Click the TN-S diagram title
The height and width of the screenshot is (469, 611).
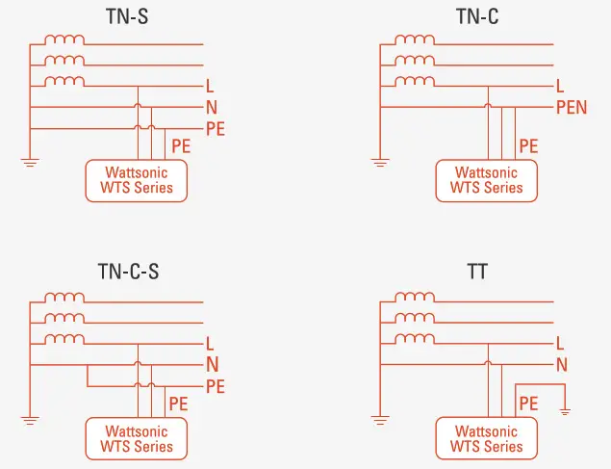point(127,15)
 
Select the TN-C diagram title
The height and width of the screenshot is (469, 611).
point(477,15)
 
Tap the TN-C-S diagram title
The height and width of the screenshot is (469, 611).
point(127,272)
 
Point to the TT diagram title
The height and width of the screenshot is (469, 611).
point(477,272)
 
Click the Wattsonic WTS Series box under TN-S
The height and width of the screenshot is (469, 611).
point(137,180)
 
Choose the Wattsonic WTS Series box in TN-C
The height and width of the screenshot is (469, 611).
point(486,180)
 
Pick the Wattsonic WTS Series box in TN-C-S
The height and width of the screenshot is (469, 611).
point(137,438)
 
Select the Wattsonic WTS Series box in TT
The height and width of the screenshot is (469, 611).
point(486,438)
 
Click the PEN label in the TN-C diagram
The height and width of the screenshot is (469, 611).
point(572,108)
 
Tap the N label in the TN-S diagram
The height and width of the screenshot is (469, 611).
point(212,108)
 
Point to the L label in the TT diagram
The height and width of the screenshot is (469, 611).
point(560,344)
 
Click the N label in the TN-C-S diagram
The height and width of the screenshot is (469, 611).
point(212,365)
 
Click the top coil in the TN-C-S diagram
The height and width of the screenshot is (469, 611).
point(64,297)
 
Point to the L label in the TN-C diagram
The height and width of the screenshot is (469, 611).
point(560,87)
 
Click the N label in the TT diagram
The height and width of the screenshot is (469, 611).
point(561,365)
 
